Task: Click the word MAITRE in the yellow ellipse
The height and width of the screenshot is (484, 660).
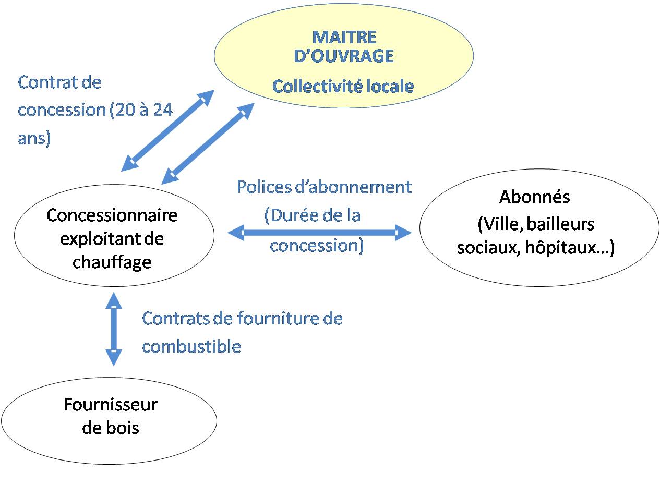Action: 344,37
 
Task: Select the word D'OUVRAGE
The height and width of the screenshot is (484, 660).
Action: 344,56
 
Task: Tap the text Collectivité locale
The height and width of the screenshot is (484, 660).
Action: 343,86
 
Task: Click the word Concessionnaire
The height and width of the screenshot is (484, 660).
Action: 112,215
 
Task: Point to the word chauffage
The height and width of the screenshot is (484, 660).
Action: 112,262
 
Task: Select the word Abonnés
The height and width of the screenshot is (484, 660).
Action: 534,197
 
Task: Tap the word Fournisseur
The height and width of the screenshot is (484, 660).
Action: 111,404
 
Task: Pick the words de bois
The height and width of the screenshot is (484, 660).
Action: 111,428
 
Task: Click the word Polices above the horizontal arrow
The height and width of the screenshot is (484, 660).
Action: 264,187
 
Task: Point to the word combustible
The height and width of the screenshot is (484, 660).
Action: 191,346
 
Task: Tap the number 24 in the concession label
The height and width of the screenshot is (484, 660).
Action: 163,110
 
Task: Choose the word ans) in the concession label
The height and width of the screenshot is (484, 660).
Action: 34,138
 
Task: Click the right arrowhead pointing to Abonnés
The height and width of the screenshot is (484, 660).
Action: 403,233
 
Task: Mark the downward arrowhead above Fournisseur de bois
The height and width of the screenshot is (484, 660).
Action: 114,358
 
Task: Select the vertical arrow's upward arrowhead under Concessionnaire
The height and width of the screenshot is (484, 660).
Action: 114,300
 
